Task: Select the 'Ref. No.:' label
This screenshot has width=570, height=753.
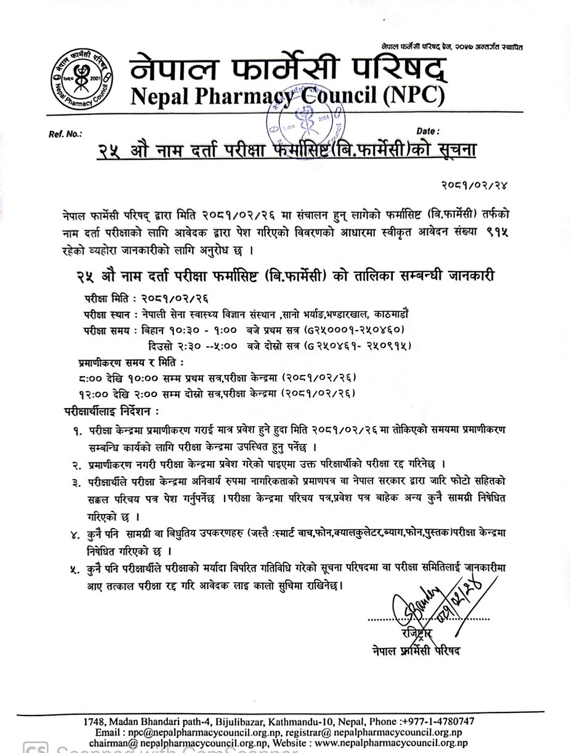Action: tap(65, 133)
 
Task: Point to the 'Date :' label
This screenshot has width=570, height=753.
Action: tap(428, 131)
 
